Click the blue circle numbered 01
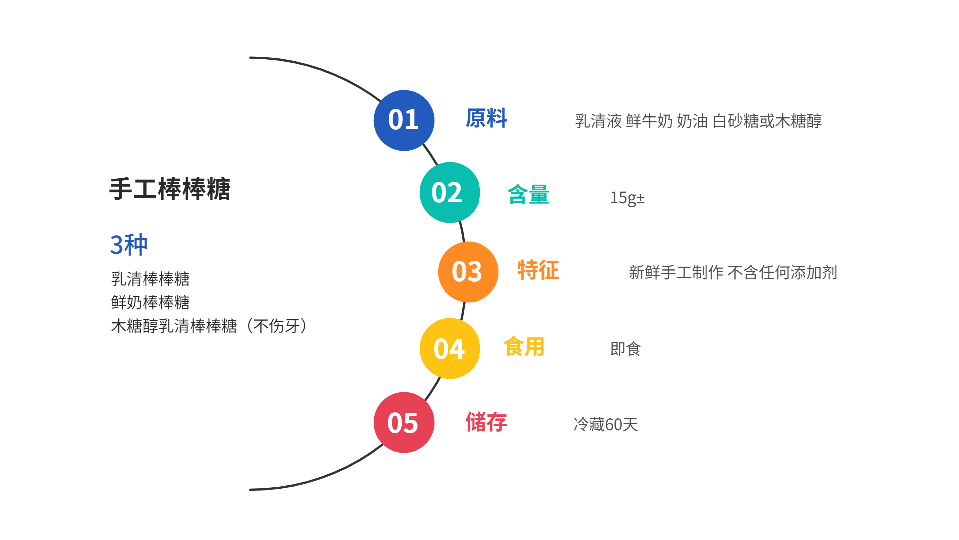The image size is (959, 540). coord(404,120)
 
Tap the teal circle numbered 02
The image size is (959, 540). coord(450,192)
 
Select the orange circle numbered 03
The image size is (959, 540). coord(468,272)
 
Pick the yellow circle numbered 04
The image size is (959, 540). coord(450,348)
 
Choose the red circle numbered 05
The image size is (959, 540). coord(404,422)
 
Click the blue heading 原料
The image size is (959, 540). coord(486,119)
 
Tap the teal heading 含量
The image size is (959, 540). coord(528,195)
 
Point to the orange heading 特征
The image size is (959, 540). coord(538,270)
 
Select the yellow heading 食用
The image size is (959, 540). coord(524,347)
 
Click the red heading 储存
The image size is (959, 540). coord(486,422)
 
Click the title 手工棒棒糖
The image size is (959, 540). coord(170,189)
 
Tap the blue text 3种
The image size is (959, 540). coord(129,245)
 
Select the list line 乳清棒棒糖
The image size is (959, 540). coord(150,279)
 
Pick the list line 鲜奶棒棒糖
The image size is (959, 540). coord(150,302)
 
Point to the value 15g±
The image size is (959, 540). coord(627,198)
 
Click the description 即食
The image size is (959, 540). coord(625,349)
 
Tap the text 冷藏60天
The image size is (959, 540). coord(606,425)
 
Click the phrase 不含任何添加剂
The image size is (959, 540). coord(782,273)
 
